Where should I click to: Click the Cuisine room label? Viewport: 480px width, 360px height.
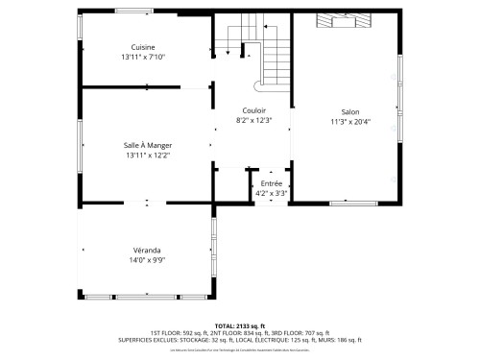(143, 47)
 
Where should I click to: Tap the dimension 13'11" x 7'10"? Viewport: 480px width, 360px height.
(143, 57)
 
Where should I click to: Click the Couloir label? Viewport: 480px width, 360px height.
(254, 110)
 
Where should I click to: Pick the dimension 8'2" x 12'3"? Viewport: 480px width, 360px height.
(254, 120)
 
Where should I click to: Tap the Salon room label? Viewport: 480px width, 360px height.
(350, 110)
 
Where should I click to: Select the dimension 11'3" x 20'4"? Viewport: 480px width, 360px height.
(350, 121)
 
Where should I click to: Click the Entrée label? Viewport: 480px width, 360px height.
(271, 182)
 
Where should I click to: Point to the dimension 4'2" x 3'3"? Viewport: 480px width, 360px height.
(271, 192)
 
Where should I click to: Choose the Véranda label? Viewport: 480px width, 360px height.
(146, 250)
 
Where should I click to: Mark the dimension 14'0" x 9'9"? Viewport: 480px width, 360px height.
(146, 259)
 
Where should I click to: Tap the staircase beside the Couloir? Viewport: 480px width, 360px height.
(252, 48)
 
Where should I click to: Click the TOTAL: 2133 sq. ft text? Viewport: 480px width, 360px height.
(240, 325)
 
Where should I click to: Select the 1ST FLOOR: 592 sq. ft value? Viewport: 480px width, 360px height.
(179, 332)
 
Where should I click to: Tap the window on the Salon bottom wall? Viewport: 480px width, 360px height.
(354, 204)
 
